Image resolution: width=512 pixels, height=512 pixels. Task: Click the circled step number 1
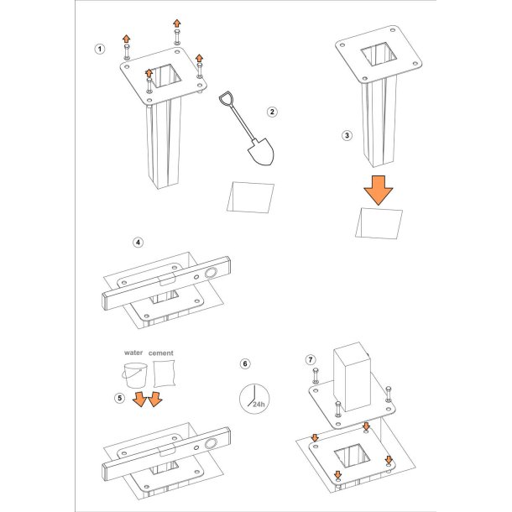[x=100, y=50]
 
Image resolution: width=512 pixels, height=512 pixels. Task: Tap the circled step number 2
[x=272, y=112]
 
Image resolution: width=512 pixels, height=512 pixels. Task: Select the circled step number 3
[x=347, y=135]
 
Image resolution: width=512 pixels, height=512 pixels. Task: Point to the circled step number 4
[x=138, y=243]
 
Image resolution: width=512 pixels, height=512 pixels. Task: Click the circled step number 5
[x=120, y=398]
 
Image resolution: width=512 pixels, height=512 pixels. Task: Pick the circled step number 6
[x=245, y=363]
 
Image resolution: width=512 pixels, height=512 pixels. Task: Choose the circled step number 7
[x=311, y=360]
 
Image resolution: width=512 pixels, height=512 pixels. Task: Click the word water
[x=133, y=353]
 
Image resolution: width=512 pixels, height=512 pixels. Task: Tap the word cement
[x=160, y=353]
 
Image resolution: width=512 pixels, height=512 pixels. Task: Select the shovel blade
[x=261, y=152]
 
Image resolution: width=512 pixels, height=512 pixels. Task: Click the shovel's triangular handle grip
[x=225, y=98]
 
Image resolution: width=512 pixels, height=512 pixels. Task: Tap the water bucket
[x=135, y=376]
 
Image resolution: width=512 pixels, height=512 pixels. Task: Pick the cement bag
[x=165, y=374]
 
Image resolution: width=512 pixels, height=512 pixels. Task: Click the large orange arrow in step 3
[x=379, y=190]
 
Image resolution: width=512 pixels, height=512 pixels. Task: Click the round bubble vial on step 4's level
[x=211, y=273]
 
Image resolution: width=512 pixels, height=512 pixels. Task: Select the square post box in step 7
[x=353, y=377]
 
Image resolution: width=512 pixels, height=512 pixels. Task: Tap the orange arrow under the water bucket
[x=140, y=400]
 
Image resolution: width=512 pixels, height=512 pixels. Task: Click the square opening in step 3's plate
[x=379, y=54]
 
